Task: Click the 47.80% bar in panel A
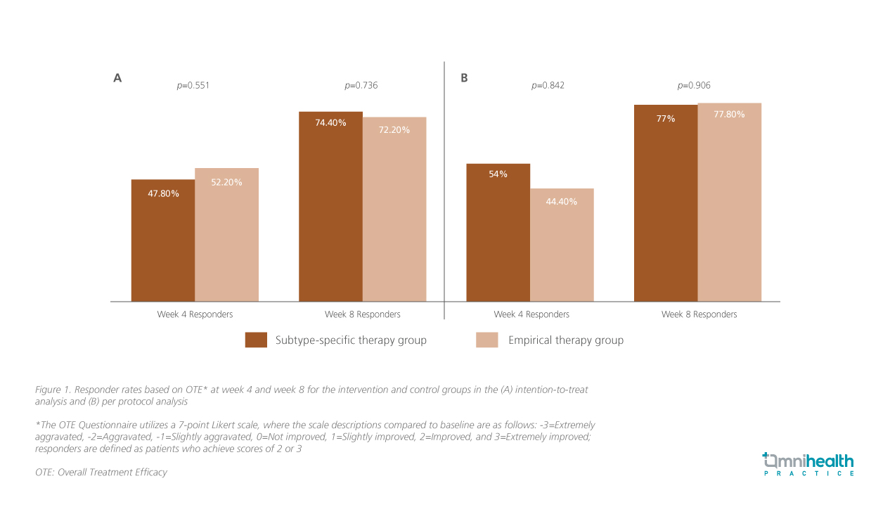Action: [x=163, y=240]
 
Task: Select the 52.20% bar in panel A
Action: [x=226, y=235]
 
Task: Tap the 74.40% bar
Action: [x=330, y=207]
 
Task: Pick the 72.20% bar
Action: [x=394, y=210]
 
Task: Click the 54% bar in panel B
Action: [x=498, y=233]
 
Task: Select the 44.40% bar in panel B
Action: [x=562, y=245]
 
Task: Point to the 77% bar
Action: [x=666, y=203]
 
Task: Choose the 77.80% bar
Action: [x=729, y=203]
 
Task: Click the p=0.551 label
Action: [x=193, y=86]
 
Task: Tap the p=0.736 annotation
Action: [x=361, y=86]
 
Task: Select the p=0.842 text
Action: [x=548, y=86]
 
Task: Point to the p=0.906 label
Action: [x=694, y=86]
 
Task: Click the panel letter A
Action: [x=117, y=78]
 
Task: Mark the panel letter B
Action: [x=464, y=78]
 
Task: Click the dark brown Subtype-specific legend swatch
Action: [x=256, y=340]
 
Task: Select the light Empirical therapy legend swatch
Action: [x=486, y=340]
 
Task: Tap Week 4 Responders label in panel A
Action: [x=195, y=314]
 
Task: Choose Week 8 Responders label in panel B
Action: [x=699, y=314]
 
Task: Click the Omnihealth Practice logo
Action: [x=808, y=465]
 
